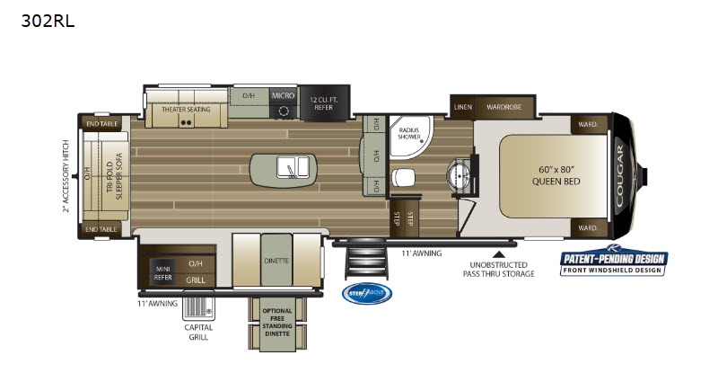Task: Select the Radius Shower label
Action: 412,135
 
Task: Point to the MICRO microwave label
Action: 283,94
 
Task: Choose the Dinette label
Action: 276,261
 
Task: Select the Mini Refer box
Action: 162,270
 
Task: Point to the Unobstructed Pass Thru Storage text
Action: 499,269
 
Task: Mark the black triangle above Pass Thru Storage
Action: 499,242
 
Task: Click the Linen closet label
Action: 462,107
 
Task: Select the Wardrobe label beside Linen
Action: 503,107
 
